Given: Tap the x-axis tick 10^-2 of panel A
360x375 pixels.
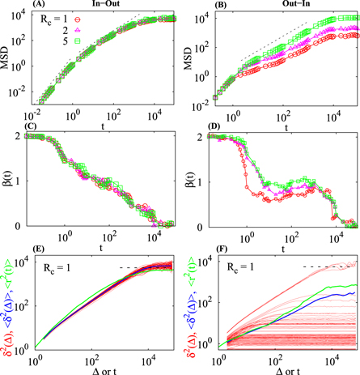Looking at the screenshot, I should pyautogui.click(x=36, y=114).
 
